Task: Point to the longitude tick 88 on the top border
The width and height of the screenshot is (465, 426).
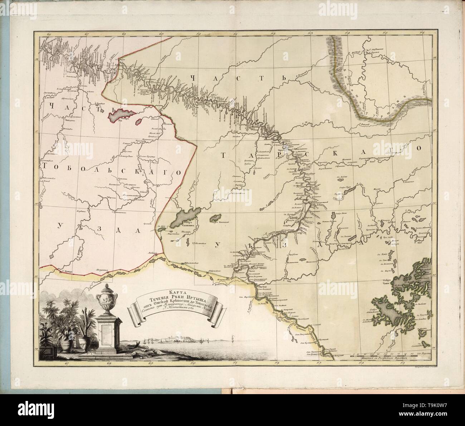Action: coord(124,34)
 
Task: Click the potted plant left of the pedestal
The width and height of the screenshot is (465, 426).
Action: coord(68,338)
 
